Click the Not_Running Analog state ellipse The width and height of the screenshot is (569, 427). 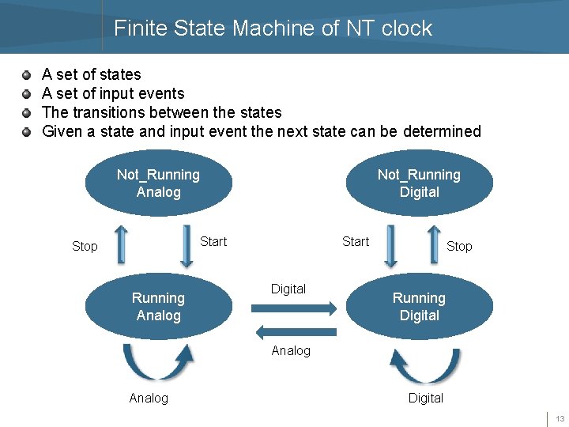click(x=158, y=183)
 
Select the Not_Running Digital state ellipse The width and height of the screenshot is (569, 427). click(x=419, y=183)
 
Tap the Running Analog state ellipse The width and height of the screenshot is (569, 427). click(x=158, y=307)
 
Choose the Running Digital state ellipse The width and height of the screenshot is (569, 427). click(x=419, y=307)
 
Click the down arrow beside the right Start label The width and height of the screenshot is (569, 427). click(x=390, y=245)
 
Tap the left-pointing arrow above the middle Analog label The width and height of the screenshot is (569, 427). click(x=286, y=332)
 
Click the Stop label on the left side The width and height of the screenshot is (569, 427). click(x=85, y=247)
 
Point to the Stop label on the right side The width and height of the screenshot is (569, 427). click(x=459, y=247)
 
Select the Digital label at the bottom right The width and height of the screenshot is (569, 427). click(x=425, y=398)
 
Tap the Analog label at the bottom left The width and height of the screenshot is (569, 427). click(x=149, y=398)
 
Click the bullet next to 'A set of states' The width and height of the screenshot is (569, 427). click(x=27, y=75)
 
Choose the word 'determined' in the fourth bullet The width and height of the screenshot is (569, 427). click(x=442, y=131)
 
